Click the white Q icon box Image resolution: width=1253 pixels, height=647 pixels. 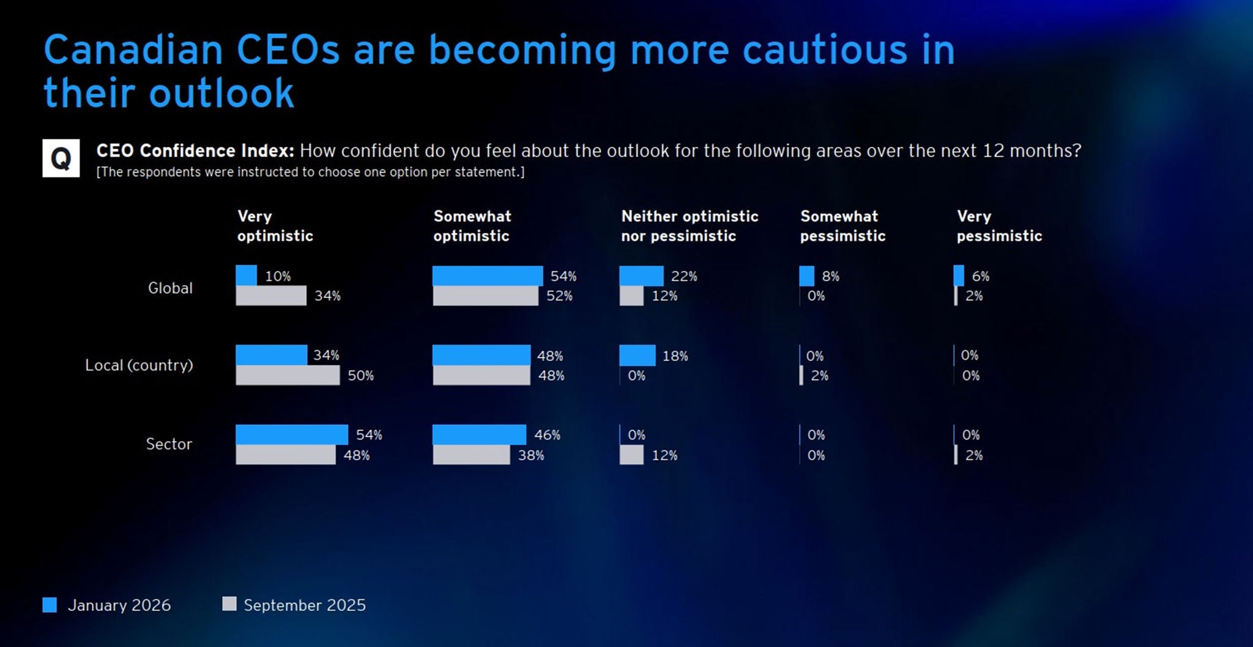(61, 158)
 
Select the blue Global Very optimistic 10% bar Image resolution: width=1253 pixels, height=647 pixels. (246, 275)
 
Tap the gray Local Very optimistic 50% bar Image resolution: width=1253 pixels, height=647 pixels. (288, 375)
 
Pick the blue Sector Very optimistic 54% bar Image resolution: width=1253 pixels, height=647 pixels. (291, 435)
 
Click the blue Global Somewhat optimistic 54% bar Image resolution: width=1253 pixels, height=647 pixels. (487, 275)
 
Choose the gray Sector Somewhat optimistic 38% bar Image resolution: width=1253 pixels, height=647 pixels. (471, 455)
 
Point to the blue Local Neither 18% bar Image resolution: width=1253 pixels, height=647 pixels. (637, 355)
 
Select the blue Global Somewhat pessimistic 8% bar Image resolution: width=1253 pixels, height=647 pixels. (806, 275)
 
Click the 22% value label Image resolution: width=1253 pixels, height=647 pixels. (684, 276)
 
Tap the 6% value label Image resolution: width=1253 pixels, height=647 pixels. (980, 276)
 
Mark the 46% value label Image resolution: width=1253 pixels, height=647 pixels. (547, 435)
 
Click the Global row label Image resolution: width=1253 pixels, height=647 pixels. (170, 288)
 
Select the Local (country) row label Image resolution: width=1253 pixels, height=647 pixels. (139, 365)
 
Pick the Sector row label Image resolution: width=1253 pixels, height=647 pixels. (169, 444)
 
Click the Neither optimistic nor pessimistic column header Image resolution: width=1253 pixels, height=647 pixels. (690, 226)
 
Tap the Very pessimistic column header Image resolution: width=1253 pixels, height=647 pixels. (999, 226)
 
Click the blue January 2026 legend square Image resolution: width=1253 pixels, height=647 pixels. (50, 605)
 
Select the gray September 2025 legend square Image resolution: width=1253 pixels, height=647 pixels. (229, 604)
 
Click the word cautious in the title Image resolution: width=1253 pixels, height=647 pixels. (825, 50)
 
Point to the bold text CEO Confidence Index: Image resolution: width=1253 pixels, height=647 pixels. (195, 151)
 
